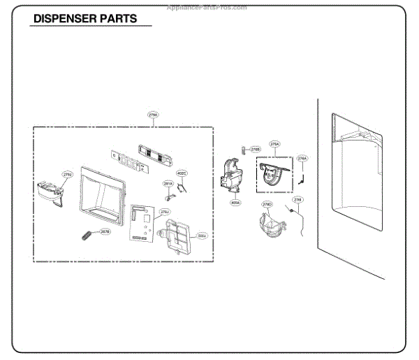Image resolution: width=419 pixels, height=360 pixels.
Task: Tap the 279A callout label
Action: pos(153,115)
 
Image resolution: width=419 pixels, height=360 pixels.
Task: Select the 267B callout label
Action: pos(105,231)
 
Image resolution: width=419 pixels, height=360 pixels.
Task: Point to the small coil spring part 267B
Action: pos(87,235)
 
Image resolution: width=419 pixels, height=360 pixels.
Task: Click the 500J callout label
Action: pos(201,236)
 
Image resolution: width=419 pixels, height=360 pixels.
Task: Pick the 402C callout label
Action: pos(182,172)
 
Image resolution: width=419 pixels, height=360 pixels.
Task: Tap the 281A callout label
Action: pos(168,183)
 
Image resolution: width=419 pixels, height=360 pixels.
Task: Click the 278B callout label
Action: pos(256,149)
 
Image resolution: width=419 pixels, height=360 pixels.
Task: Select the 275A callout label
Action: pos(275,144)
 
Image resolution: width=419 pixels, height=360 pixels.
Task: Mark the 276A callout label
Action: pos(302,159)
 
